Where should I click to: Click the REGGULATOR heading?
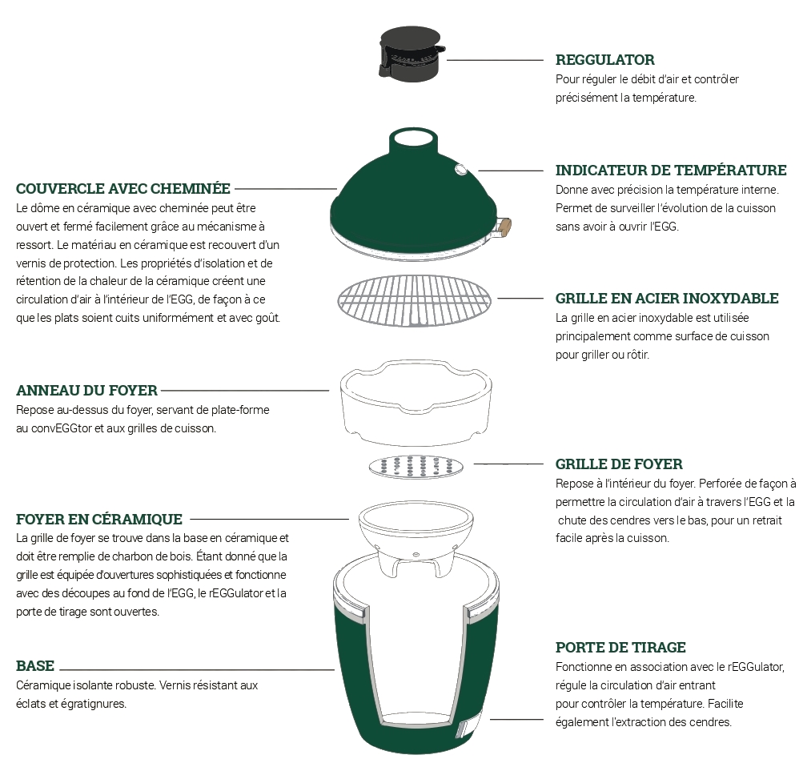(x=604, y=59)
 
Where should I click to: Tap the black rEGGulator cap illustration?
(x=412, y=54)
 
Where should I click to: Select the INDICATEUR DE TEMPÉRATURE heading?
(x=671, y=170)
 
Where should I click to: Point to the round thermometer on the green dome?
(x=460, y=168)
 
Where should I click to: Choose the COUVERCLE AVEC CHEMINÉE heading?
(x=123, y=188)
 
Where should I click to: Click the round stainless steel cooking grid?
(x=414, y=301)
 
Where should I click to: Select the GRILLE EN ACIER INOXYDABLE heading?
(x=667, y=298)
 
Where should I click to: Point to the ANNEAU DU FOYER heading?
(x=86, y=391)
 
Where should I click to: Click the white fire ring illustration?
(x=416, y=402)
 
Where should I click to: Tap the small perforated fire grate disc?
(x=416, y=467)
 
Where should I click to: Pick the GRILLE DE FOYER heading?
(x=619, y=464)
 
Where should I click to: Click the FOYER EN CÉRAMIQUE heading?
(x=98, y=519)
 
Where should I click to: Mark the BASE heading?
(x=34, y=665)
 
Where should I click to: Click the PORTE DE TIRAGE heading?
(x=620, y=647)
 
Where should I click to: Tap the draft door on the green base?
(x=464, y=729)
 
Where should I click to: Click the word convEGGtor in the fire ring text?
(x=62, y=428)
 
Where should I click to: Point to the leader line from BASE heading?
(x=197, y=669)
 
